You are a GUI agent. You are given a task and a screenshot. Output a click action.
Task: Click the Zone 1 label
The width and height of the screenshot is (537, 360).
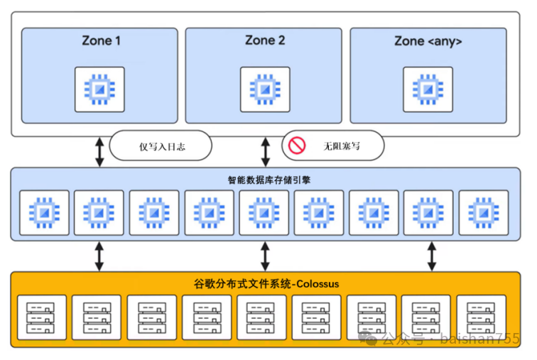[100, 40]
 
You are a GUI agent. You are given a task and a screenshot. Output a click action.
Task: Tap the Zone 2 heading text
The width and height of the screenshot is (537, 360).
[265, 40]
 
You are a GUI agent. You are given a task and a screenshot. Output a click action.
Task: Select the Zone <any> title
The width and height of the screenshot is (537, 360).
[428, 41]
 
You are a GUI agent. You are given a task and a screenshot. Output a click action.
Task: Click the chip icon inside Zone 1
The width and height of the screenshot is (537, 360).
[99, 89]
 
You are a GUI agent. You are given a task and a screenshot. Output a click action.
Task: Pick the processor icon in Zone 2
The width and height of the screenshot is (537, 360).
[265, 89]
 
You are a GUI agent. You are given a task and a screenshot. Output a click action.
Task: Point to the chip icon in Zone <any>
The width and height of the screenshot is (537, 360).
[428, 89]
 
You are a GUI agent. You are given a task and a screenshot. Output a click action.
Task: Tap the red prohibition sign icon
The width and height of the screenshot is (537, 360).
[296, 146]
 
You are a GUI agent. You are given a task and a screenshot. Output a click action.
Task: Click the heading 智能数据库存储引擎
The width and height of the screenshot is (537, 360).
[265, 180]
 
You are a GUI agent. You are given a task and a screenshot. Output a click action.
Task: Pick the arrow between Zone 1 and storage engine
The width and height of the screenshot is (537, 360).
[99, 151]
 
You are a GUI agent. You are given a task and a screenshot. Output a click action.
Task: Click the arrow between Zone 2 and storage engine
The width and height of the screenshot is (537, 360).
[265, 151]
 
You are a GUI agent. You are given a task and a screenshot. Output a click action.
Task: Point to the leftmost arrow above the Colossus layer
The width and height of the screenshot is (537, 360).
[99, 256]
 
